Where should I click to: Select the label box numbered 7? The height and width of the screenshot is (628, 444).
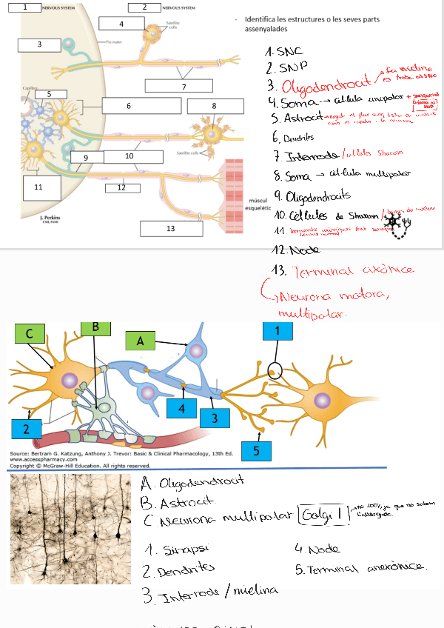[184, 87]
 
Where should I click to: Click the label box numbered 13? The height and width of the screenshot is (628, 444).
[171, 228]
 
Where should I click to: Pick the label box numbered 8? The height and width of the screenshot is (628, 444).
[215, 106]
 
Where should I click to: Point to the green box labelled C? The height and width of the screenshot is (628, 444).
[30, 334]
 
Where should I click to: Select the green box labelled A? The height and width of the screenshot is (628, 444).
[141, 341]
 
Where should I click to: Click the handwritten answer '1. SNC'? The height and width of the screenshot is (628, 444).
[280, 53]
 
